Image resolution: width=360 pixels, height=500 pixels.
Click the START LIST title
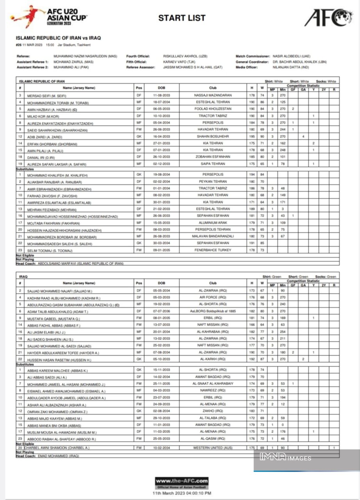tap(182, 18)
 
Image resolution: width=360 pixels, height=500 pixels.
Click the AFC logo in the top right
tap(328, 18)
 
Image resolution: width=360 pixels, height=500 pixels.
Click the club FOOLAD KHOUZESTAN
tap(213, 109)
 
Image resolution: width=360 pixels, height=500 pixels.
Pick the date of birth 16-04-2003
tap(161, 136)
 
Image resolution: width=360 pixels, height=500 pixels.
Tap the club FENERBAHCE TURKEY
tap(213, 250)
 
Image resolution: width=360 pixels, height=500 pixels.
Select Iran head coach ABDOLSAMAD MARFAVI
tap(80, 264)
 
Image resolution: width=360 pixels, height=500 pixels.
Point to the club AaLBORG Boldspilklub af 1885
tap(213, 311)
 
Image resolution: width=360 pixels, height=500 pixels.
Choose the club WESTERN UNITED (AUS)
tap(213, 448)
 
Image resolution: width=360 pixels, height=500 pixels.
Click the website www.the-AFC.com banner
tap(182, 481)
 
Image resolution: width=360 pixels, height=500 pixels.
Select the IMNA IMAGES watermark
tap(285, 458)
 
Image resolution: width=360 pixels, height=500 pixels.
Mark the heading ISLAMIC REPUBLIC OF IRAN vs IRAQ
tap(58, 38)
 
